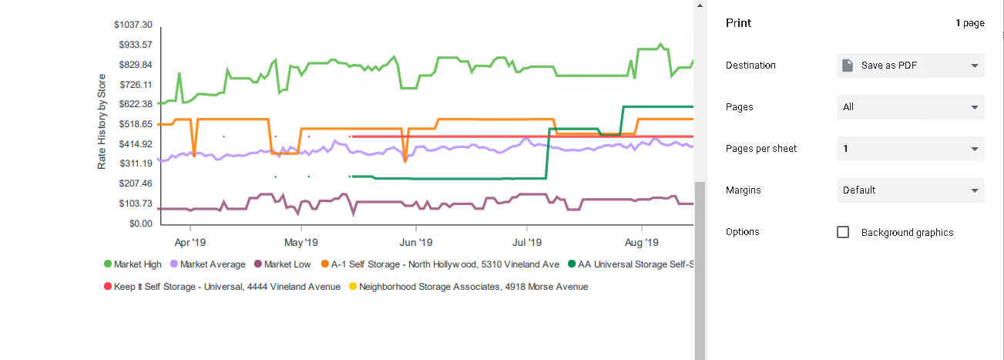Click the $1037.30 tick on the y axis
pos(133,25)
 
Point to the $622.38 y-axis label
pos(135,104)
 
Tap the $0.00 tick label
pos(139,224)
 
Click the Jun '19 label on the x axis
pos(415,242)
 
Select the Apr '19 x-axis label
pos(190,242)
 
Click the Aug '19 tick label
pos(641,242)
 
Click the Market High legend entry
pos(133,264)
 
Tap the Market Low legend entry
pos(282,264)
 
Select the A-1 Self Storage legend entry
pos(440,264)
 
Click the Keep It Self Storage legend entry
pos(222,287)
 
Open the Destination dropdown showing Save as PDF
pos(910,66)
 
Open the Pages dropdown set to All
pos(910,107)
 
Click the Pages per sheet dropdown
pos(910,149)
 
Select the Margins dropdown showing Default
pos(910,190)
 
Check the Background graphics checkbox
pos(843,232)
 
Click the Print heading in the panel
pos(738,23)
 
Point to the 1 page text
pos(969,23)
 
